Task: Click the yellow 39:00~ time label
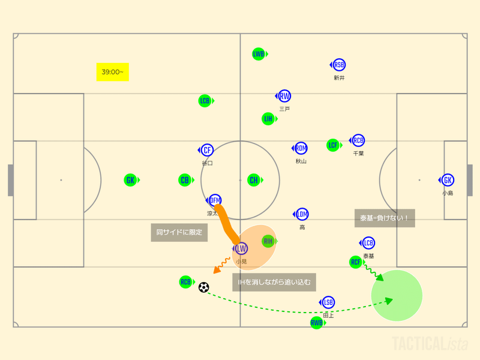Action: click(113, 72)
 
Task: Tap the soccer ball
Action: click(203, 287)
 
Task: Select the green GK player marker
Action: click(130, 180)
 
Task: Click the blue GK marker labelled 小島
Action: click(447, 180)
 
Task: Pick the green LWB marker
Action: click(258, 54)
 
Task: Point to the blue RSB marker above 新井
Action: click(339, 65)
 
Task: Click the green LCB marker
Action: click(205, 101)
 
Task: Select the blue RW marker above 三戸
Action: click(284, 96)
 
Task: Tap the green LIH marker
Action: click(268, 119)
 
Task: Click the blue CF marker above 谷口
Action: click(207, 150)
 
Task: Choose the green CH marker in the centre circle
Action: click(254, 180)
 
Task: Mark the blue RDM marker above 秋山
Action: click(301, 148)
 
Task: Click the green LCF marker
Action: click(333, 145)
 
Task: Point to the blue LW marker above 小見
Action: click(241, 248)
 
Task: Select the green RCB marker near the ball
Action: click(185, 282)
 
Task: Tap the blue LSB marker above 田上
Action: click(328, 302)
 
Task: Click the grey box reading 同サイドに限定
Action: click(179, 232)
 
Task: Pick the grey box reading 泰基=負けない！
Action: click(384, 218)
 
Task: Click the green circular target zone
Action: click(397, 296)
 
